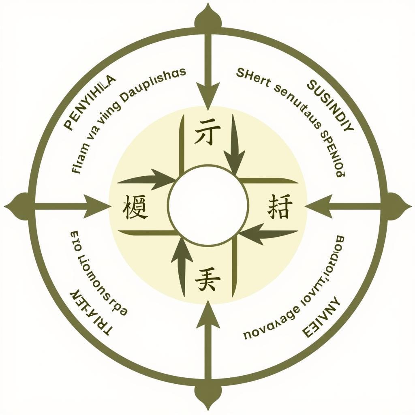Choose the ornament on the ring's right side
[396, 206]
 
